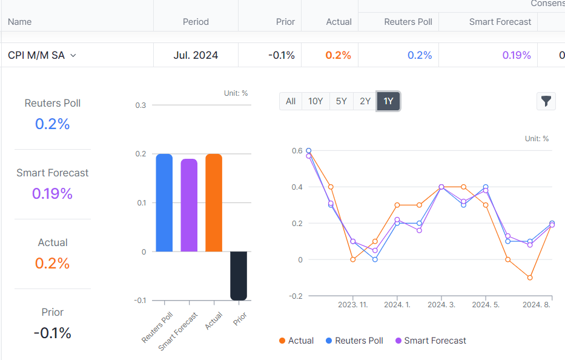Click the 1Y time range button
click(388, 101)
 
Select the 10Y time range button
click(316, 101)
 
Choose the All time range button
click(291, 101)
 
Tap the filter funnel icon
click(546, 101)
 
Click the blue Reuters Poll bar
click(164, 202)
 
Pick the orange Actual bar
click(214, 202)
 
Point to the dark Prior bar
click(239, 276)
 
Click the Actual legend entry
click(296, 341)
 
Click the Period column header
click(196, 22)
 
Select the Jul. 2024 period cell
click(196, 55)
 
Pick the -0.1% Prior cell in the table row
click(281, 55)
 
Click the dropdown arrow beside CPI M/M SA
click(73, 55)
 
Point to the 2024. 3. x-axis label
click(441, 305)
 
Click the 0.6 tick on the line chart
click(297, 150)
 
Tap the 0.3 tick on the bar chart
click(141, 105)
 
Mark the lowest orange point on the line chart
click(530, 278)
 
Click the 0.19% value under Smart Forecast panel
click(52, 194)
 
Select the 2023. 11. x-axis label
click(353, 305)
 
